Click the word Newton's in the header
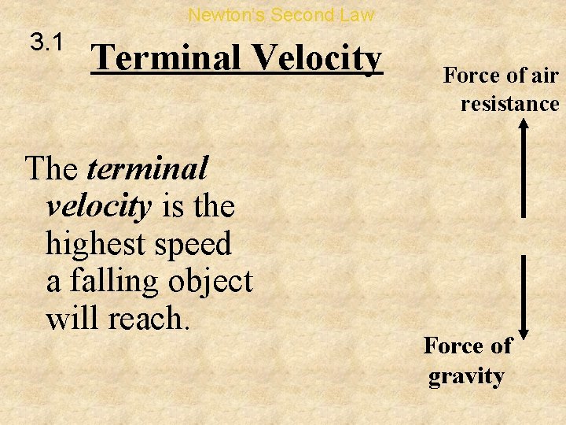(227, 14)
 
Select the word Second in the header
(301, 14)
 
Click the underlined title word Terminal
(169, 58)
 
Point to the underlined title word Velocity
(317, 58)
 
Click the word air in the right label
(543, 76)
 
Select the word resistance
(509, 103)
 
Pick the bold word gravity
(466, 376)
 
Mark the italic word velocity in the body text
(98, 206)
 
